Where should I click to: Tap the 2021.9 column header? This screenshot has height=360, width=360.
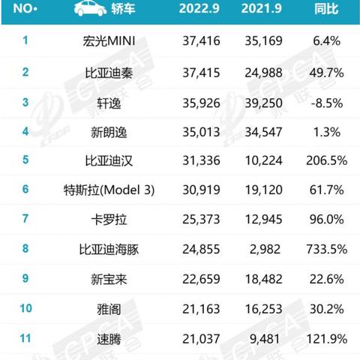(x=262, y=10)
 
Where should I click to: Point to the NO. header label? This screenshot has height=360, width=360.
(x=25, y=10)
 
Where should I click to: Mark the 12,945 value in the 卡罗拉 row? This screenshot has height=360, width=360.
(x=262, y=220)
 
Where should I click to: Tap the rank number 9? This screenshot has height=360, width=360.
(x=25, y=279)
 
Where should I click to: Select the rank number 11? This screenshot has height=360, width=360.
(x=25, y=338)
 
